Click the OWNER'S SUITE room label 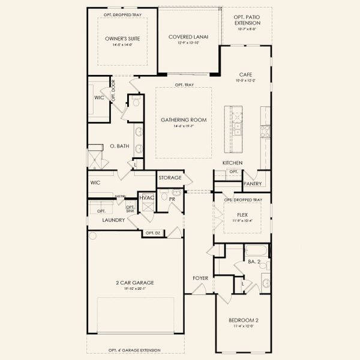click(x=122, y=39)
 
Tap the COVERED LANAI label click(x=188, y=37)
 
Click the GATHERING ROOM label click(x=184, y=120)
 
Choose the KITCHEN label click(x=232, y=163)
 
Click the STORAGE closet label click(x=170, y=178)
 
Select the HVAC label click(x=147, y=197)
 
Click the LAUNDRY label click(x=113, y=220)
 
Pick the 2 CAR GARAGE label click(x=135, y=282)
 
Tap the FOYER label click(x=200, y=278)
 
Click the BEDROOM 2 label click(x=242, y=320)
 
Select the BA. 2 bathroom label click(x=253, y=262)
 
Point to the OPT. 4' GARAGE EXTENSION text click(x=136, y=350)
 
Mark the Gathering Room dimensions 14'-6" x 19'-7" click(x=184, y=127)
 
